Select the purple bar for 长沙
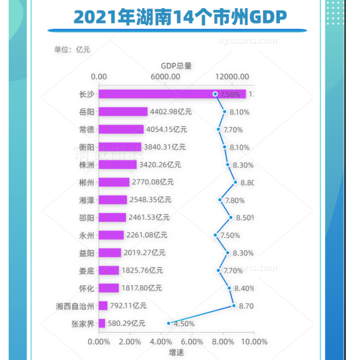[x=172, y=94]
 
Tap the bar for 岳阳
[x=123, y=112]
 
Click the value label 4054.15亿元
[x=166, y=130]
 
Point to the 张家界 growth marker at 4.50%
[x=169, y=323]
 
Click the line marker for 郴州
[x=235, y=182]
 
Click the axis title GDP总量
[x=176, y=66]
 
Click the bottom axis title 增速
[x=176, y=353]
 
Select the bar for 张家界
[x=102, y=323]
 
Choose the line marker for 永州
[x=215, y=235]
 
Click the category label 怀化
[x=86, y=288]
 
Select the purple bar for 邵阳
[x=112, y=218]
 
